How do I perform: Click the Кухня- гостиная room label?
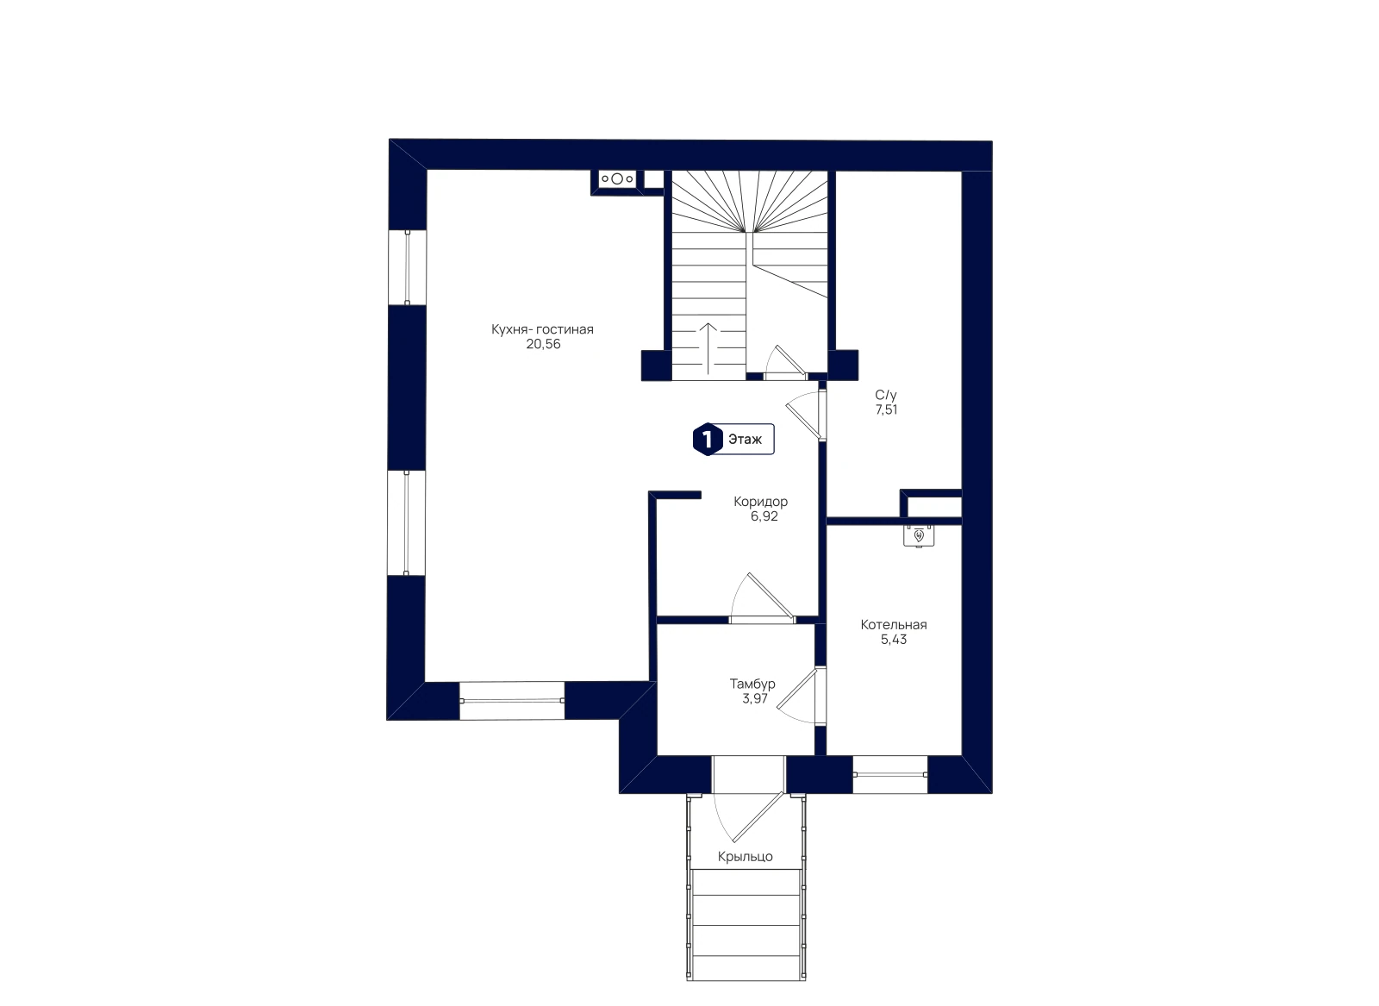[x=542, y=329]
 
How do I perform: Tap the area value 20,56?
[x=544, y=344]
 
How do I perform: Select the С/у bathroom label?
[x=886, y=396]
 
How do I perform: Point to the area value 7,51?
[x=887, y=410]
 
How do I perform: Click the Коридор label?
[x=760, y=502]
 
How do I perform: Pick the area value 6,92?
[x=764, y=516]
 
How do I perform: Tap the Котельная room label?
[x=893, y=625]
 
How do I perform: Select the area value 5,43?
[x=893, y=640]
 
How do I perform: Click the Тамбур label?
[x=752, y=684]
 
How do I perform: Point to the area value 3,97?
[x=755, y=699]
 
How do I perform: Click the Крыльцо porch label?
[x=745, y=857]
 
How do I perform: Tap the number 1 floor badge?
[x=708, y=440]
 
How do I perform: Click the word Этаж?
[x=745, y=440]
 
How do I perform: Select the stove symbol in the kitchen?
[x=617, y=179]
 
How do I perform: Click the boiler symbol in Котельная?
[x=919, y=536]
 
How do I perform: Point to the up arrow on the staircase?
[x=708, y=348]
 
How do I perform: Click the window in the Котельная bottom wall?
[x=889, y=774]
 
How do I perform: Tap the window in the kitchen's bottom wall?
[x=512, y=701]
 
